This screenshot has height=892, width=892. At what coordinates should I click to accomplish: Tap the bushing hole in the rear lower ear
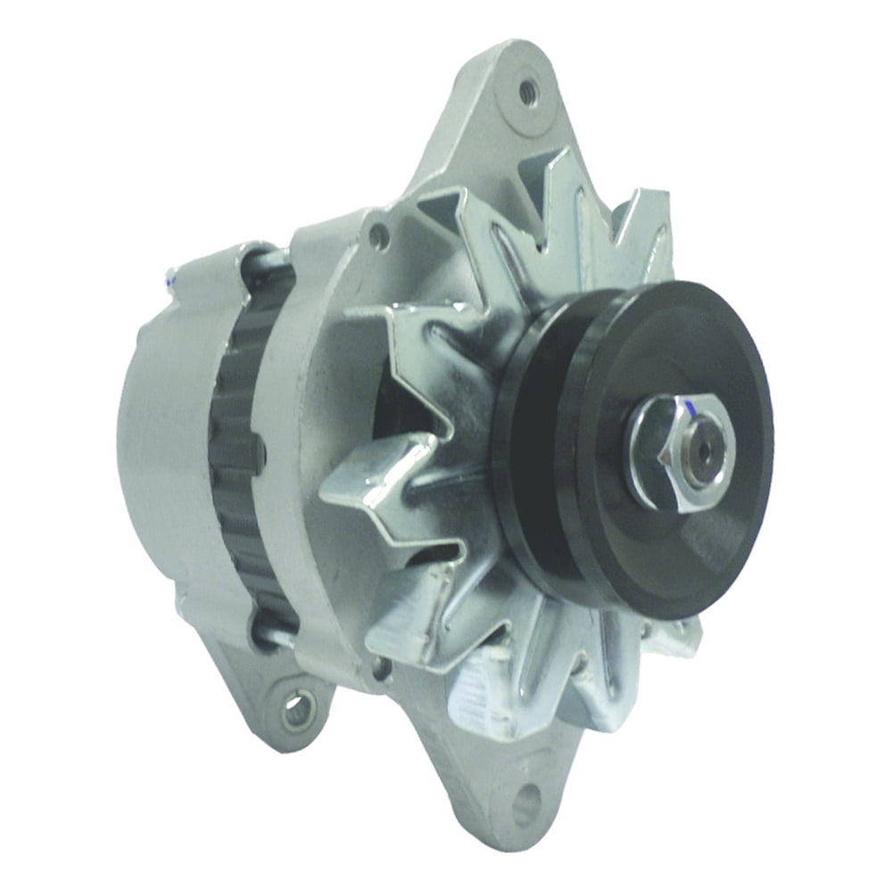pos(297,710)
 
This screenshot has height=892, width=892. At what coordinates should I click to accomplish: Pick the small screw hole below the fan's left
pos(382,665)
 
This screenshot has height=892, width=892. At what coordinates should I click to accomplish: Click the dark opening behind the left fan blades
pos(401,401)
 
